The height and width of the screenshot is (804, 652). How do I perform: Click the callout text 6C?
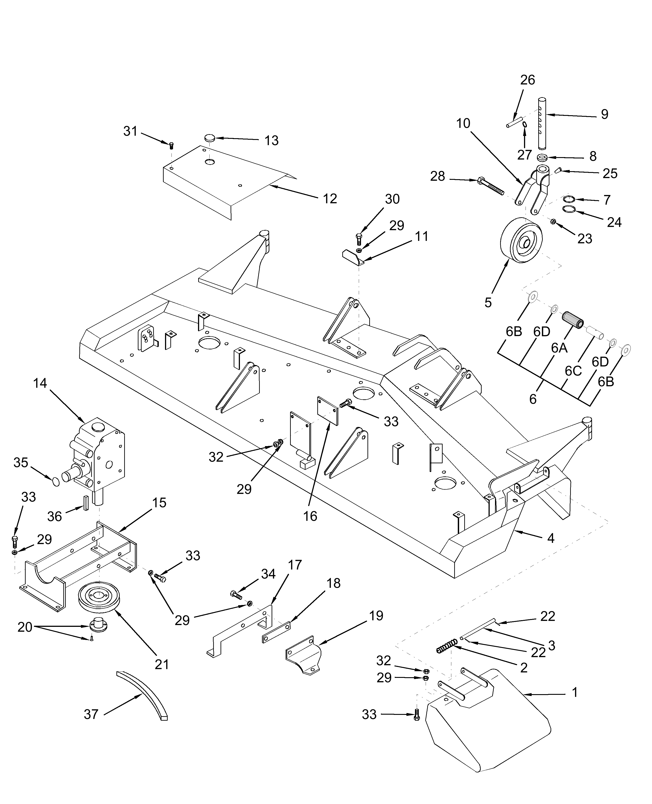point(573,371)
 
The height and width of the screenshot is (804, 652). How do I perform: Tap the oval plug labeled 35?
point(56,481)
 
